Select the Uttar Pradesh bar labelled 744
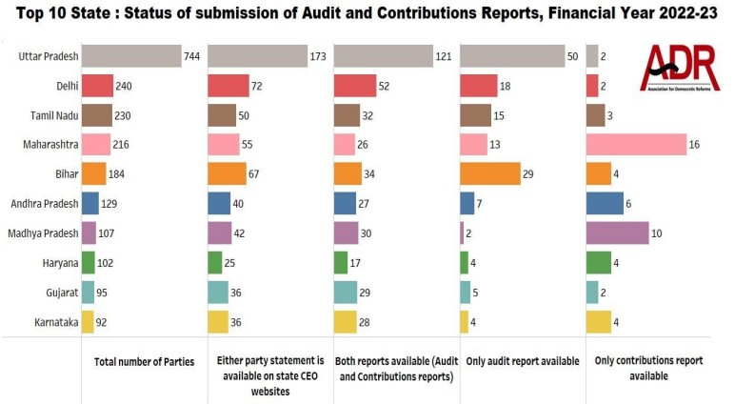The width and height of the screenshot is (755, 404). (130, 56)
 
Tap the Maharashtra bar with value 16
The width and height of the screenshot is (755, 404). (636, 145)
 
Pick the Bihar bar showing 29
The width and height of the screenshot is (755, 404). (489, 174)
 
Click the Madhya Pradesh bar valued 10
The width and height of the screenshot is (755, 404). (617, 232)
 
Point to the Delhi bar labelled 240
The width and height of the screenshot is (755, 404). (97, 87)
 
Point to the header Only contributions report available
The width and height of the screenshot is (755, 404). (644, 369)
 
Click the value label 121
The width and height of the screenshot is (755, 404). (444, 57)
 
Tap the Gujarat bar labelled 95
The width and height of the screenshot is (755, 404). (89, 292)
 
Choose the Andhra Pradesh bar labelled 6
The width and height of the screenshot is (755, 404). (605, 204)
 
